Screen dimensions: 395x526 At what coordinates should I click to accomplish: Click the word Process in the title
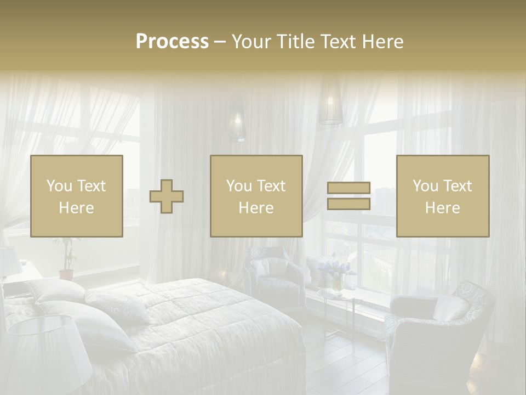pyautogui.click(x=172, y=41)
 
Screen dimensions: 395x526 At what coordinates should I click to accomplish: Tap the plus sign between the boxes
pyautogui.click(x=167, y=196)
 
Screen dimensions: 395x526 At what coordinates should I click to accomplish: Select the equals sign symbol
pyautogui.click(x=348, y=196)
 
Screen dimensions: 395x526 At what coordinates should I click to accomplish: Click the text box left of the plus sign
pyautogui.click(x=77, y=196)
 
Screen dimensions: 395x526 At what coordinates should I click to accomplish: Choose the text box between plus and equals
pyautogui.click(x=256, y=196)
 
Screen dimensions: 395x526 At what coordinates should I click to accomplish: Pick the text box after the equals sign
pyautogui.click(x=442, y=196)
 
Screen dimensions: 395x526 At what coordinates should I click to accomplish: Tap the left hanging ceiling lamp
pyautogui.click(x=237, y=122)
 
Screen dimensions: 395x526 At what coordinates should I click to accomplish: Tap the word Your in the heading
pyautogui.click(x=250, y=41)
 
